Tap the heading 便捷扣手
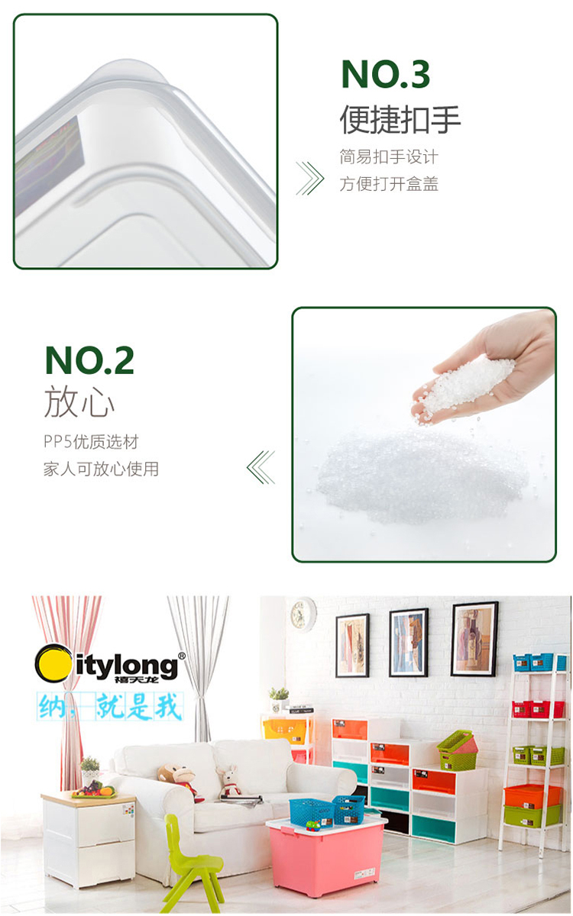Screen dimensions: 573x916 point(400,119)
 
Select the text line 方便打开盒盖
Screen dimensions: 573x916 point(389,184)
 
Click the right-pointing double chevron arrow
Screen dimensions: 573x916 point(310,179)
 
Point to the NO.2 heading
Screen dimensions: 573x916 point(89,360)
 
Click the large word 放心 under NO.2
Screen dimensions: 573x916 point(79,402)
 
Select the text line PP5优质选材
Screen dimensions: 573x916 point(91,442)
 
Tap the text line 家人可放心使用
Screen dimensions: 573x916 point(101,469)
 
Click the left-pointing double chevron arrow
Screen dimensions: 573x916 point(261,467)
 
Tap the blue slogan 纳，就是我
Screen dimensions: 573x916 point(110,707)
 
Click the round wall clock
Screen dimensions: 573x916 point(303,614)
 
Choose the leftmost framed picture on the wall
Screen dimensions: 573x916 point(352,646)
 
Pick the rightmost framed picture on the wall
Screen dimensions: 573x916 point(474,639)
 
